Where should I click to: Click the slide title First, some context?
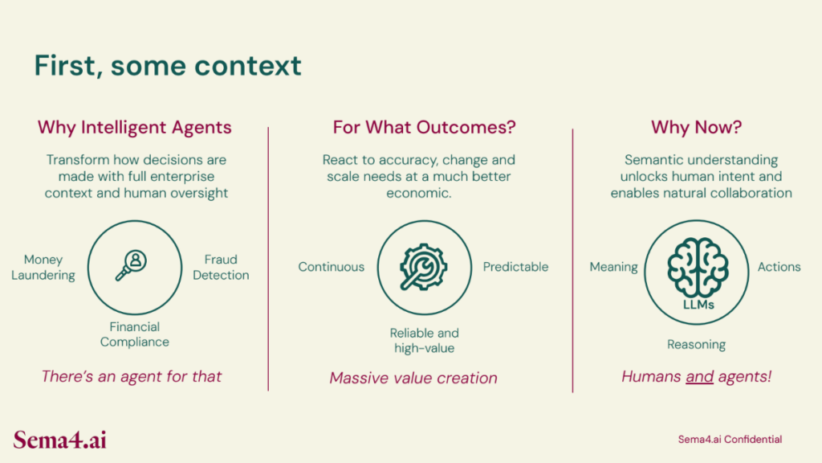coord(168,66)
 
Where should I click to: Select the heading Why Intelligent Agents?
coord(135,128)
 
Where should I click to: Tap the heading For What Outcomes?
coord(424,127)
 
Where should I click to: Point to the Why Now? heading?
coord(696,127)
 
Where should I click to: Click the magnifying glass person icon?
coord(131,265)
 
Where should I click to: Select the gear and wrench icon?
coord(424,267)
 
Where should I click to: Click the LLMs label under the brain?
coord(698,305)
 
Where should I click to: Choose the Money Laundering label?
coord(43,267)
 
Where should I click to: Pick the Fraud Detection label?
coord(221,267)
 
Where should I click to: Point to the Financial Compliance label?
coord(135,334)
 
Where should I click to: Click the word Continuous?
coord(332,267)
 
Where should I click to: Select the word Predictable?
coord(515,267)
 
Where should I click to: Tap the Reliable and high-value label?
coord(424,340)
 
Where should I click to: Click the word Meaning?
coord(613,267)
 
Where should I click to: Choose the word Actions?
coord(779,267)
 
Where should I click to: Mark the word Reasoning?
coord(696,345)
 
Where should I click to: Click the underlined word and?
coord(699,377)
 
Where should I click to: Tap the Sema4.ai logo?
coord(59,440)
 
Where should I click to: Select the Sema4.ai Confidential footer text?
coord(730,440)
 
